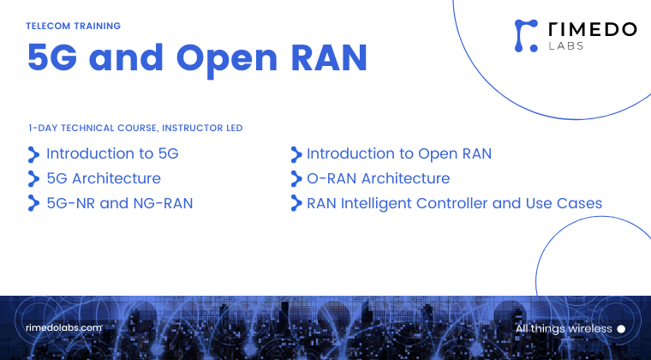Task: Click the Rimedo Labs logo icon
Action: point(526,33)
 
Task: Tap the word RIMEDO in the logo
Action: point(592,29)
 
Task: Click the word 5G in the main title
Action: point(54,58)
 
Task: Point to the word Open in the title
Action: point(225,58)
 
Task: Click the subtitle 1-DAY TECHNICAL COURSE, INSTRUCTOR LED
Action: point(135,128)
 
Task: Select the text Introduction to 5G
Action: point(112,154)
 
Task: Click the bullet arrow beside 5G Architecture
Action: point(33,179)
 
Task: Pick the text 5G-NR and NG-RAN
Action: point(119,203)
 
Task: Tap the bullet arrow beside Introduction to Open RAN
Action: point(296,154)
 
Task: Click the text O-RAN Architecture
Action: point(378,178)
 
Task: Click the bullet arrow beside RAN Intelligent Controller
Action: point(296,204)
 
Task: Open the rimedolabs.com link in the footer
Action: point(64,327)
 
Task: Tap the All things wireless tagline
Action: point(564,328)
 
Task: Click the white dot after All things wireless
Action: point(621,328)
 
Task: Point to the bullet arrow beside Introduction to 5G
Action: point(33,154)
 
